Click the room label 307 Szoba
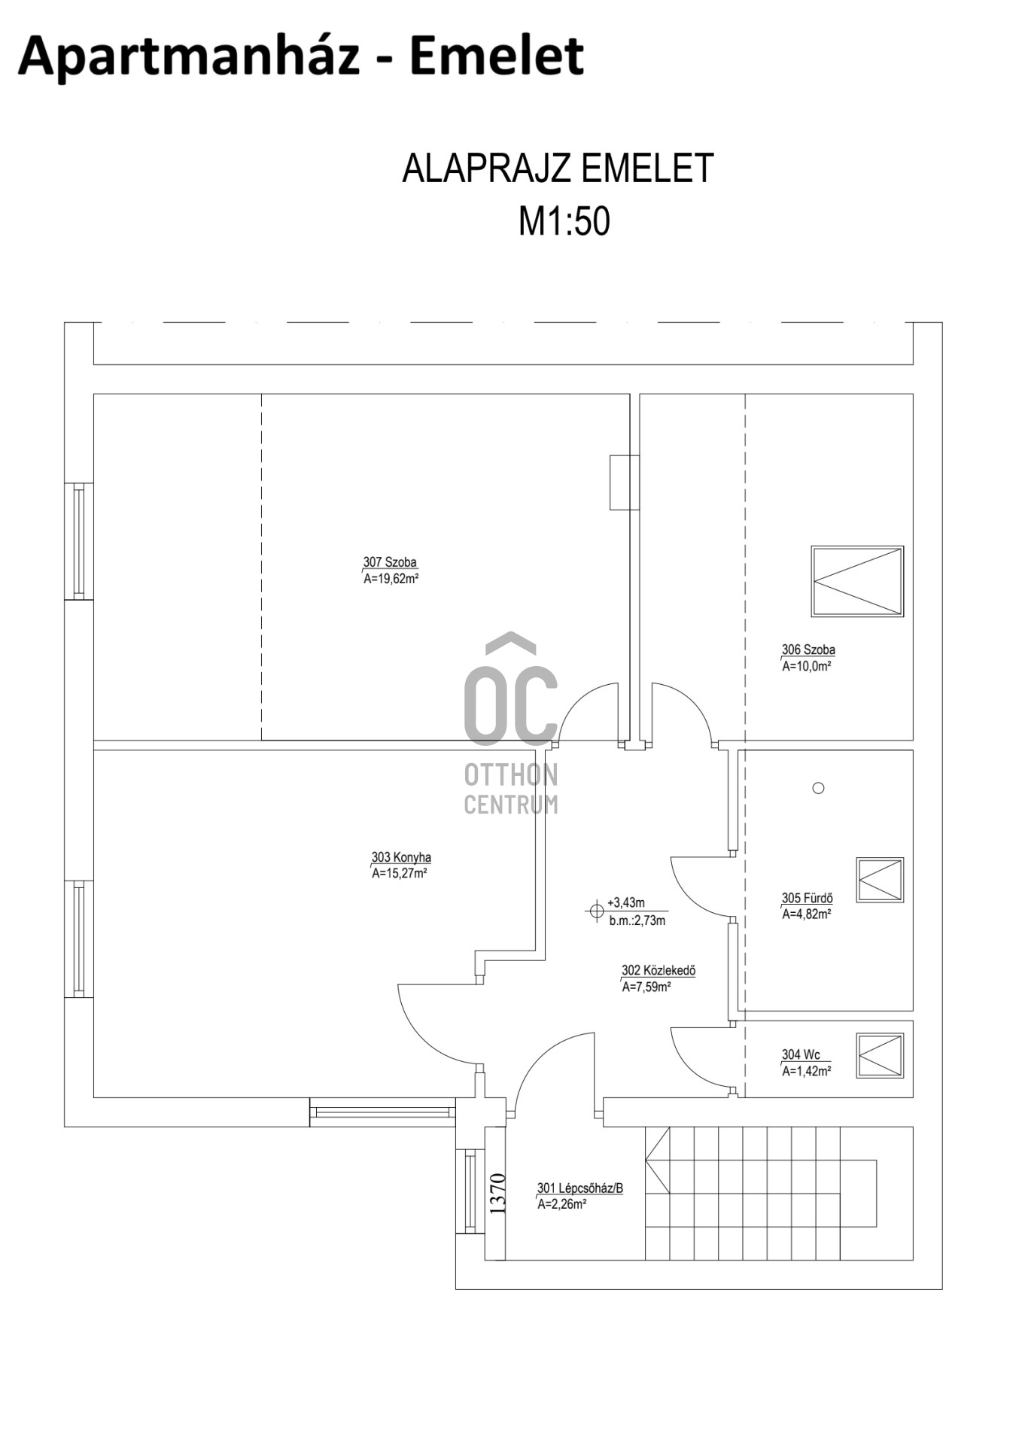[390, 562]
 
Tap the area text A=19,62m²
[391, 579]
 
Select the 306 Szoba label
[808, 649]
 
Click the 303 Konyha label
[401, 857]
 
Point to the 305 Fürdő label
[807, 898]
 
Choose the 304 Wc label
[801, 1054]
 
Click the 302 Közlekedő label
[659, 971]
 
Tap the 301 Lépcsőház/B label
[580, 1188]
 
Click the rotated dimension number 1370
[497, 1194]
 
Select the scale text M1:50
[564, 221]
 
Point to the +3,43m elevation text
[626, 903]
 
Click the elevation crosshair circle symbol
[596, 911]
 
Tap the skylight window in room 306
[857, 582]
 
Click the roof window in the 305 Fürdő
[880, 880]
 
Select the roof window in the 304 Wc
[880, 1056]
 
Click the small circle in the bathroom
[819, 788]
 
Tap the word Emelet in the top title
[497, 56]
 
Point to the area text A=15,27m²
[400, 874]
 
